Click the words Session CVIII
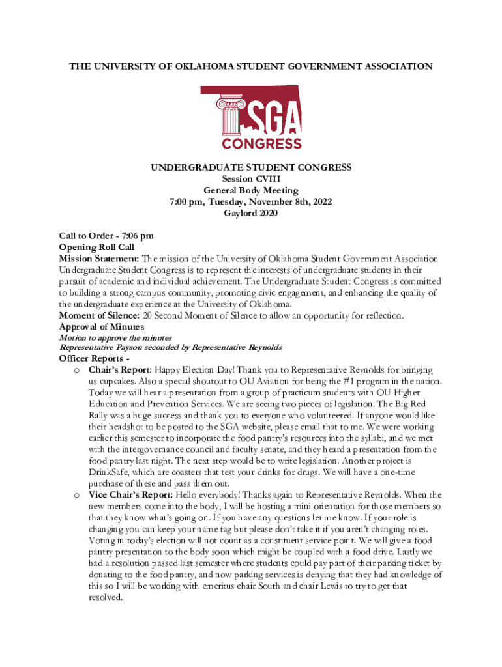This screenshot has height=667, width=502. coord(251,179)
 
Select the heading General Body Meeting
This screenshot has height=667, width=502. coord(251,191)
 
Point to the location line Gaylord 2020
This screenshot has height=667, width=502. coord(251,214)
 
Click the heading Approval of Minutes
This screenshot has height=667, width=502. coord(101,326)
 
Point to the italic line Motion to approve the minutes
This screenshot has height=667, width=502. coord(115,337)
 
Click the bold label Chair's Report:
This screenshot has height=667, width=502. coord(121,369)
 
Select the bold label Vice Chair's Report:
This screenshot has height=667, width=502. coord(132,494)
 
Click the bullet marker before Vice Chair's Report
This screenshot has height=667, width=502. coord(77,495)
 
